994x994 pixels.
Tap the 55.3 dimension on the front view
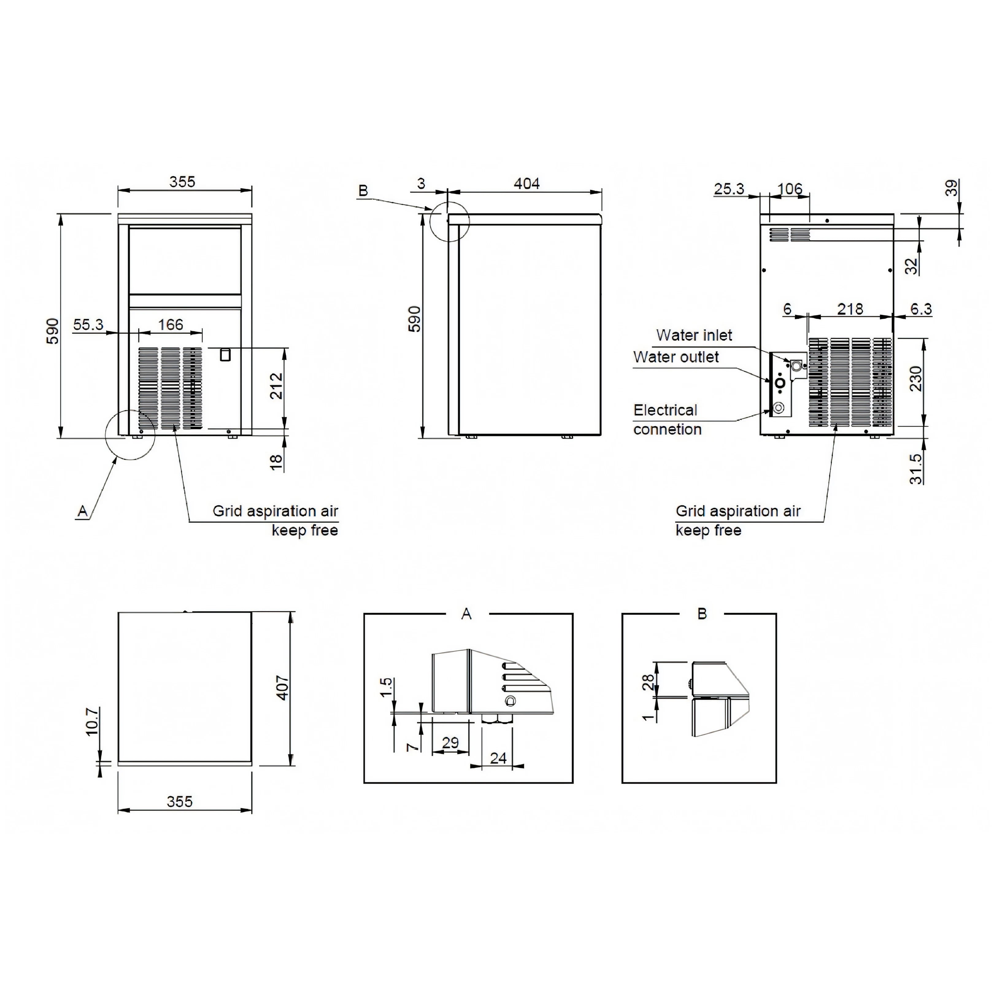pyautogui.click(x=88, y=325)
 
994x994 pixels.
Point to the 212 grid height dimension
pyautogui.click(x=277, y=386)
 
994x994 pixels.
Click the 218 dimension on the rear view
pyautogui.click(x=850, y=309)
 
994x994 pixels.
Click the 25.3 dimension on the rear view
pyautogui.click(x=729, y=189)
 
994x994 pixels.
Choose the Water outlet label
pyautogui.click(x=676, y=357)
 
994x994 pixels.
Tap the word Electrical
pyautogui.click(x=665, y=410)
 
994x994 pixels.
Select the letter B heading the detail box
pyautogui.click(x=702, y=614)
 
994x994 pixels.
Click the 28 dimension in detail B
pyautogui.click(x=649, y=682)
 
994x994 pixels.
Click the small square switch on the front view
pyautogui.click(x=225, y=355)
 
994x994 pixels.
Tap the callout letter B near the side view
pyautogui.click(x=363, y=191)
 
